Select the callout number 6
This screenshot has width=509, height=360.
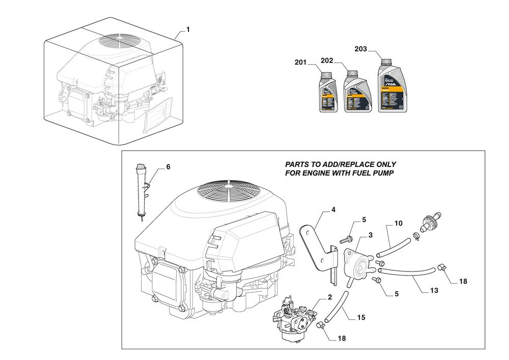coord(168,167)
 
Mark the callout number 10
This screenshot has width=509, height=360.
coord(398,223)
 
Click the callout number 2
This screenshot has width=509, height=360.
coord(330,297)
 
